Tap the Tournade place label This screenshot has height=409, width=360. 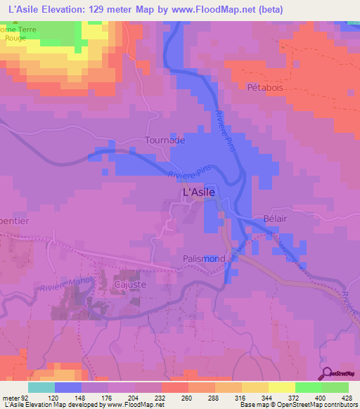click(165, 140)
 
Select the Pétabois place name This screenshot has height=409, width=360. click(264, 88)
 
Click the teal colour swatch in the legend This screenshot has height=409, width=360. click(41, 387)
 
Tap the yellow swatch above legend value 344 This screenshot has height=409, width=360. click(255, 387)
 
